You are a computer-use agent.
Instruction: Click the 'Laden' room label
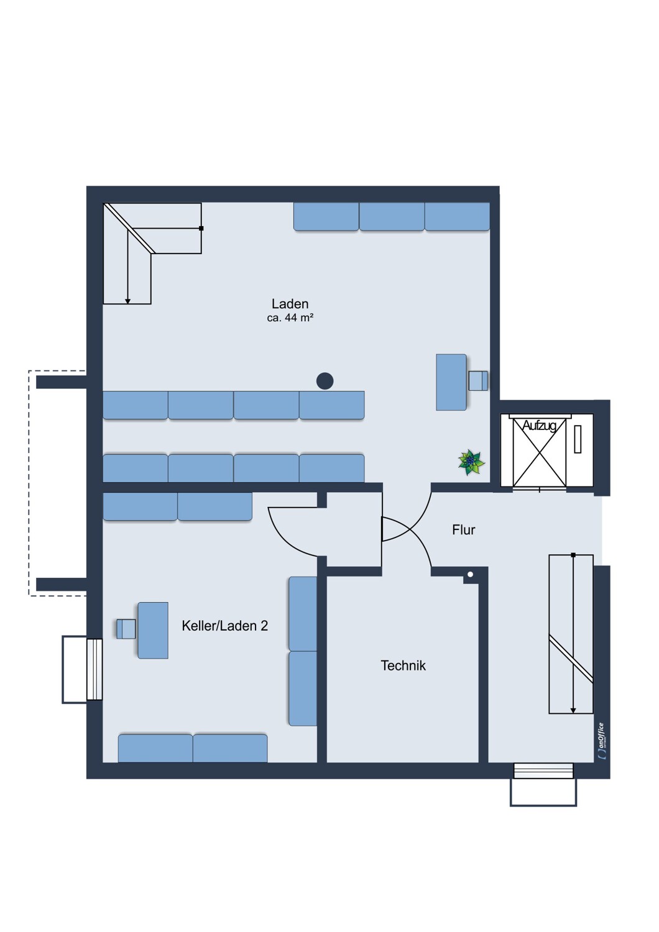pyautogui.click(x=290, y=304)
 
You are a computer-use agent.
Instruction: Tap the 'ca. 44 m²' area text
pyautogui.click(x=290, y=318)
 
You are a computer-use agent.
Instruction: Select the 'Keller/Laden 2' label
pyautogui.click(x=224, y=626)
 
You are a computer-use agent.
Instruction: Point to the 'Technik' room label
pyautogui.click(x=403, y=665)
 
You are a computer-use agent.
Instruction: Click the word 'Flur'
pyautogui.click(x=463, y=530)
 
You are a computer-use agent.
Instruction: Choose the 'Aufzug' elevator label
pyautogui.click(x=539, y=426)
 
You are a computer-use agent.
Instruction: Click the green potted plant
pyautogui.click(x=471, y=462)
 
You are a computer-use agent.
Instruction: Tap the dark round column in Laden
pyautogui.click(x=325, y=381)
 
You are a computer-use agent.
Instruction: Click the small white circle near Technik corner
pyautogui.click(x=471, y=575)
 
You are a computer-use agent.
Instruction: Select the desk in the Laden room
pyautogui.click(x=451, y=382)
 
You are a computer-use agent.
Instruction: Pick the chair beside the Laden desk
pyautogui.click(x=477, y=380)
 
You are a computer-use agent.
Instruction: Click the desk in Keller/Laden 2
pyautogui.click(x=153, y=630)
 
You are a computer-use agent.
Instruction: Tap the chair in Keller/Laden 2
pyautogui.click(x=126, y=629)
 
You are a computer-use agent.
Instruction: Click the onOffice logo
pyautogui.click(x=601, y=740)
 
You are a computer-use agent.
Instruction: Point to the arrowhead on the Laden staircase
pyautogui.click(x=127, y=301)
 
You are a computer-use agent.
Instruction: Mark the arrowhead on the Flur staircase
pyautogui.click(x=573, y=710)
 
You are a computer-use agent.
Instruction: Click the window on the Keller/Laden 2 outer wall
pyautogui.click(x=94, y=669)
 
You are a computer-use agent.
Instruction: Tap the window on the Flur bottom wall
pyautogui.click(x=543, y=771)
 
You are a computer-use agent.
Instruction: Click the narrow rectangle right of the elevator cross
pyautogui.click(x=578, y=439)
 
